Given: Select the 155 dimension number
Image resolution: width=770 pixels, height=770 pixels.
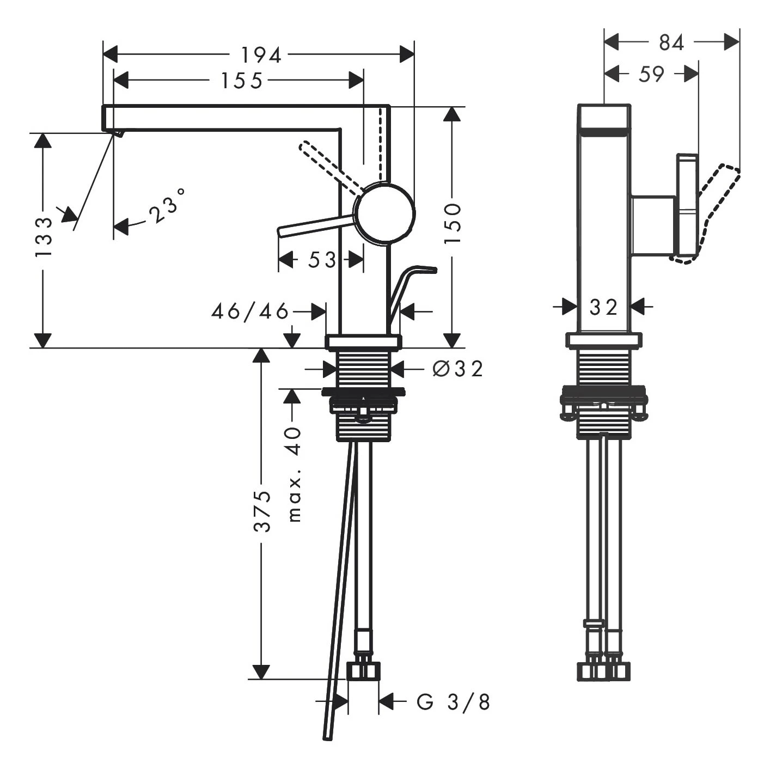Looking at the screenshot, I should click(x=241, y=81).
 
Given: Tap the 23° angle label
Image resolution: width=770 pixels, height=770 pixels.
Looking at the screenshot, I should click(x=167, y=206).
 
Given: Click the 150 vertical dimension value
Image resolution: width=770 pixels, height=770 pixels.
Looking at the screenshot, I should click(x=452, y=223).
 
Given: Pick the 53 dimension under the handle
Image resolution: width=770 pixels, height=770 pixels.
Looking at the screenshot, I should click(x=321, y=260).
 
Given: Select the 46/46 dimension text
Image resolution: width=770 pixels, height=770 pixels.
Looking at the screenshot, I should click(x=250, y=311).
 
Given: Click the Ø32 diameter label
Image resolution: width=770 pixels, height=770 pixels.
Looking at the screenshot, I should click(x=457, y=369).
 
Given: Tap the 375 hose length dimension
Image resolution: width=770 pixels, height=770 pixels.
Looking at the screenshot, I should click(x=262, y=511).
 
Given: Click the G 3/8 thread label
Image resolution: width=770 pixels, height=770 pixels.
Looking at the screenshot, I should click(x=454, y=702).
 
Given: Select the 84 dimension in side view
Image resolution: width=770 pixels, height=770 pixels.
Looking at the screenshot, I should click(x=671, y=42).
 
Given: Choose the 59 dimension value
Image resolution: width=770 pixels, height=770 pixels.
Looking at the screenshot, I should click(x=651, y=74).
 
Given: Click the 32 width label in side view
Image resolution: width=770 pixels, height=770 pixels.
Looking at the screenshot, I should click(x=603, y=307).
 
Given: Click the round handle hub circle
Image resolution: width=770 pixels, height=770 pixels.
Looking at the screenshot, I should click(x=384, y=213).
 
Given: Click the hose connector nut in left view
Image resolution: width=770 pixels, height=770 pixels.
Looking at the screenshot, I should click(x=364, y=671).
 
